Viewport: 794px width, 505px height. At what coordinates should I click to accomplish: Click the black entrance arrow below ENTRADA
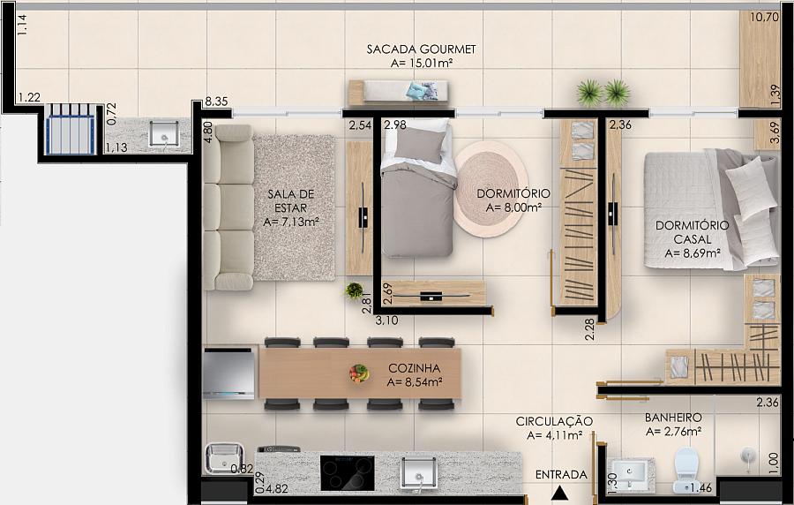(559, 493)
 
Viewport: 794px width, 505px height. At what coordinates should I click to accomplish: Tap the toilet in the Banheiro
(685, 470)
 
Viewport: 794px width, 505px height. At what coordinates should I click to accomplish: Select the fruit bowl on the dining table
(359, 373)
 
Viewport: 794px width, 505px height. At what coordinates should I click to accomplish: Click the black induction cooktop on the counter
(348, 472)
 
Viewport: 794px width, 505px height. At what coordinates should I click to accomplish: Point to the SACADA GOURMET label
(422, 49)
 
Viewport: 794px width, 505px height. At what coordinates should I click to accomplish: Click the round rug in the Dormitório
(491, 188)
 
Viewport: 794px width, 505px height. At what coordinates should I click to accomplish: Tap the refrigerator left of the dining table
(228, 373)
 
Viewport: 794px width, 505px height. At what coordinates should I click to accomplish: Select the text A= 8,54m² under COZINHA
(415, 382)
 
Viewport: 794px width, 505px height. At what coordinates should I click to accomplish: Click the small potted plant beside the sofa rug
(354, 290)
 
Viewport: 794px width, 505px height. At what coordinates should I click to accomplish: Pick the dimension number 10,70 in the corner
(764, 18)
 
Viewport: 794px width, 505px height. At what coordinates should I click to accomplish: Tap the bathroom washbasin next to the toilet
(629, 473)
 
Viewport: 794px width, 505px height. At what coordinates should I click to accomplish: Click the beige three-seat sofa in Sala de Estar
(228, 207)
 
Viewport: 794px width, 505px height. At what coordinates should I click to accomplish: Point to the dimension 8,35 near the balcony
(216, 102)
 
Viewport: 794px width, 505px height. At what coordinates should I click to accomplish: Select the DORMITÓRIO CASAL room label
(693, 232)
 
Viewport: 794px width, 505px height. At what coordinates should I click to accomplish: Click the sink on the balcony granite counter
(163, 134)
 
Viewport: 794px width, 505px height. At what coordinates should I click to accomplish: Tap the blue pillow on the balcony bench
(417, 91)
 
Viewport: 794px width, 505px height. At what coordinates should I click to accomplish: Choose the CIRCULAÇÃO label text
(554, 421)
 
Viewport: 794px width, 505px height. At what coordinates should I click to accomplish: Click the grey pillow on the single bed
(419, 145)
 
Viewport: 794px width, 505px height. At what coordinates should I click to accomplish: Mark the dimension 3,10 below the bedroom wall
(386, 320)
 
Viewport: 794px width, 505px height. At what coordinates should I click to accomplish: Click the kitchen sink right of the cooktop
(419, 473)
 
